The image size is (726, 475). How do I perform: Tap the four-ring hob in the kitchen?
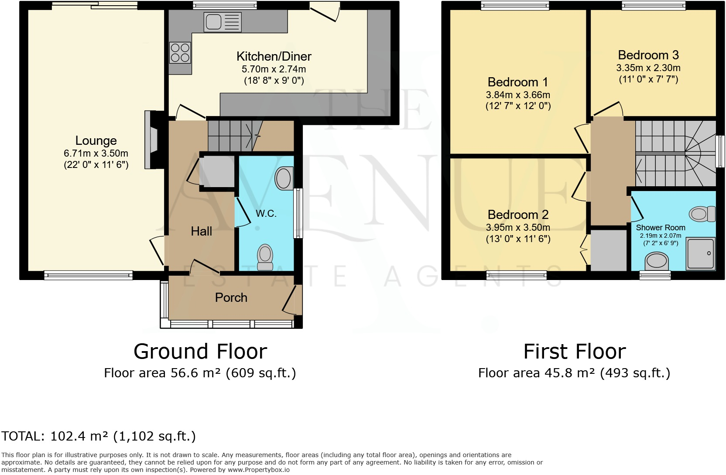coord(180,52)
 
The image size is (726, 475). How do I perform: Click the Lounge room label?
coord(96,140)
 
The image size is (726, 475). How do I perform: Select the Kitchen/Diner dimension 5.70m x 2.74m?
coord(274,69)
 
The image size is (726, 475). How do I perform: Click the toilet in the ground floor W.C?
coord(265,257)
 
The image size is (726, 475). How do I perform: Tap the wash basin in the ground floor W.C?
coord(284,178)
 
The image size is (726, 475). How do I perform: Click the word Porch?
coord(231,297)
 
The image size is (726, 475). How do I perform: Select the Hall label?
coord(201,231)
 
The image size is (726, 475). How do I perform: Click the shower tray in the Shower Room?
coord(701,253)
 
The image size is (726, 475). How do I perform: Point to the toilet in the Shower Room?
coord(702,214)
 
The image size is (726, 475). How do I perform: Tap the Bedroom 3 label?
coord(648,55)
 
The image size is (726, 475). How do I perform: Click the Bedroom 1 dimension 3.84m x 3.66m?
coord(518,95)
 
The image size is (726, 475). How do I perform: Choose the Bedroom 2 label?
coord(518,215)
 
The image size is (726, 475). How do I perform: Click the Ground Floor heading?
coord(200,352)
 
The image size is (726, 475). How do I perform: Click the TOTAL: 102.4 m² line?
coord(98,436)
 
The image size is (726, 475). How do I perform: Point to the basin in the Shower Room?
coord(656,261)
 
